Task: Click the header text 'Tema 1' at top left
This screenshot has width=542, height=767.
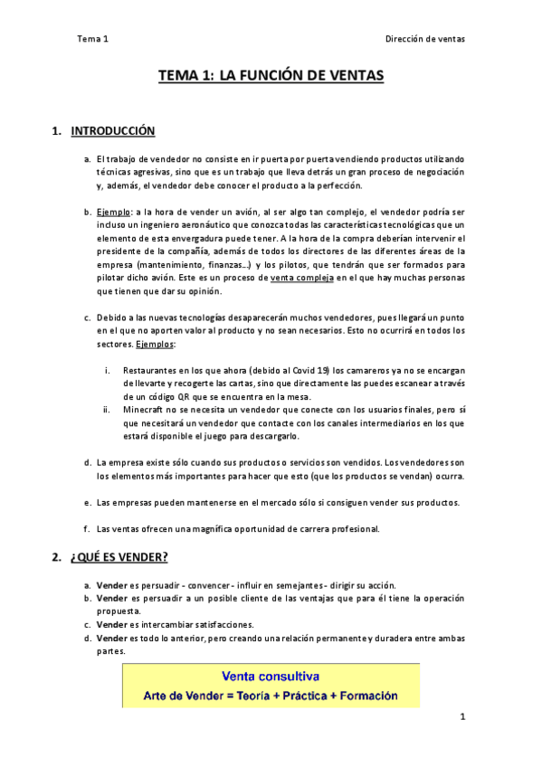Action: (x=93, y=39)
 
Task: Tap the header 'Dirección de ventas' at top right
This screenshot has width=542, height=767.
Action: (x=424, y=39)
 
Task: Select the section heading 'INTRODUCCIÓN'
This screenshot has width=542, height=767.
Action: (x=112, y=131)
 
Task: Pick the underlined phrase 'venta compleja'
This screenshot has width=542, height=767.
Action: (x=301, y=279)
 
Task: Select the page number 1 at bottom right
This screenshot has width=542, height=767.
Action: (x=461, y=717)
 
